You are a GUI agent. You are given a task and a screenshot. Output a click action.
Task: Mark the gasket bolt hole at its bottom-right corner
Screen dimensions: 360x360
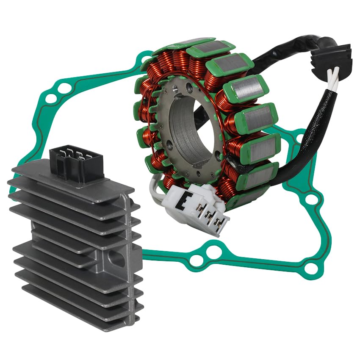point(311,267)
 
